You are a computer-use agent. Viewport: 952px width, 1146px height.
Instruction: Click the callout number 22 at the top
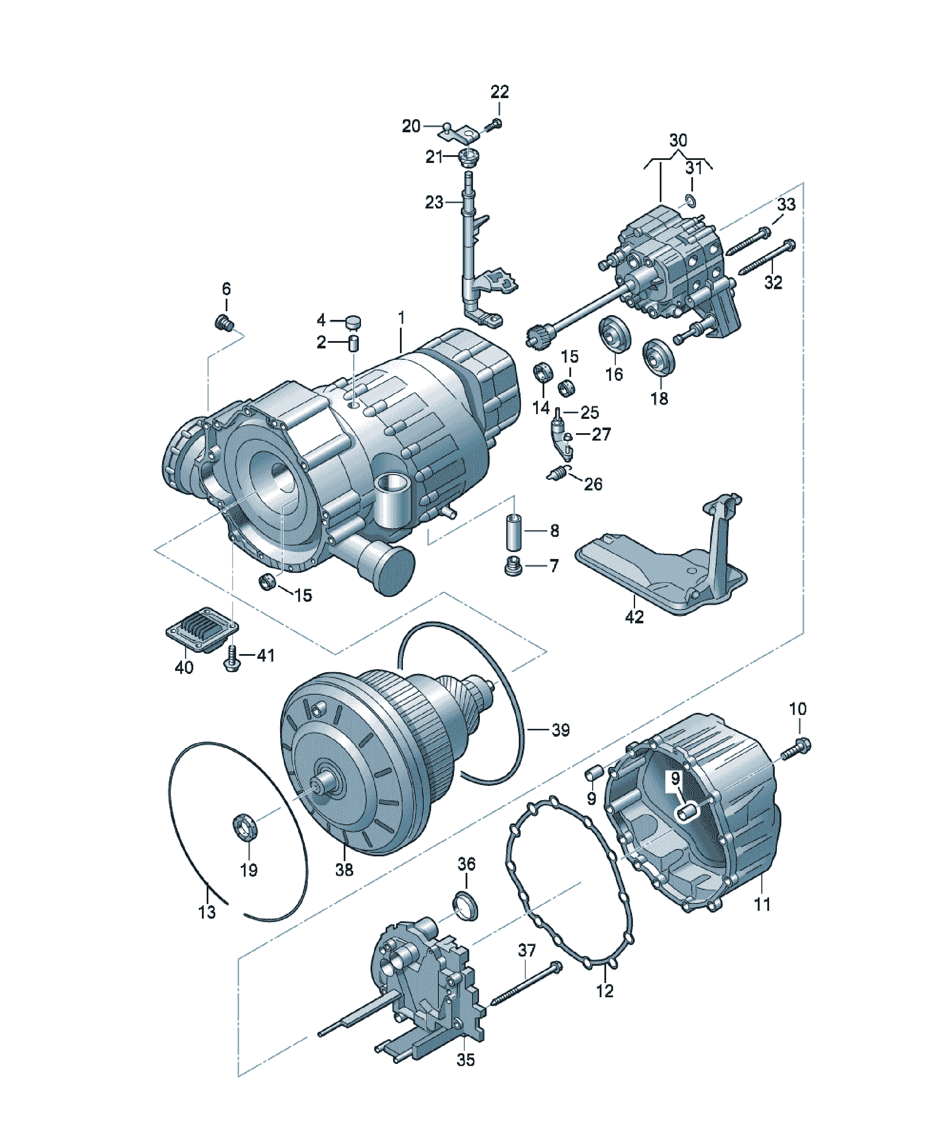(x=499, y=92)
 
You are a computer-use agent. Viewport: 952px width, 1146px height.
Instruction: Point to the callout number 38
(x=344, y=869)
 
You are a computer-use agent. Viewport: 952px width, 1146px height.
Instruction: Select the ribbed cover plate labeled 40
(x=202, y=630)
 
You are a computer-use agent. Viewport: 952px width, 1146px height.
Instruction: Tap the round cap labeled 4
(x=354, y=322)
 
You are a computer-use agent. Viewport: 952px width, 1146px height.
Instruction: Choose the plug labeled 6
(x=224, y=322)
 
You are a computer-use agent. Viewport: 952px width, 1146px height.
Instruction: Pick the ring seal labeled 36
(x=466, y=907)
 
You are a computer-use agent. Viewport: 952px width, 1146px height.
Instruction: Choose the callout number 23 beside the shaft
(x=434, y=202)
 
